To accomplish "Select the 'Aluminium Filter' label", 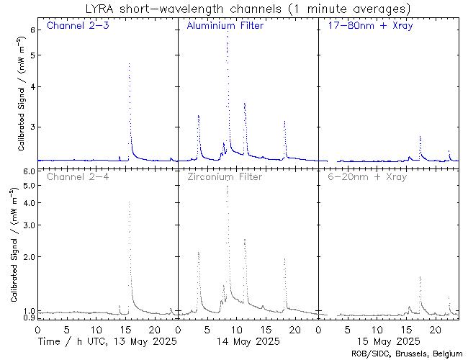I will [x=225, y=27].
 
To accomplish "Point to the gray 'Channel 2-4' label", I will [x=77, y=176].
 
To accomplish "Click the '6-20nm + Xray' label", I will [x=365, y=176].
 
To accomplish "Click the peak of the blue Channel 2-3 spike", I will [x=129, y=63].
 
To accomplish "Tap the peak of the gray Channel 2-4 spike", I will [x=129, y=202].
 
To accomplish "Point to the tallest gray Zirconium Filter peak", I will [x=228, y=186].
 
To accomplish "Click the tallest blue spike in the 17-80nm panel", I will [x=420, y=136].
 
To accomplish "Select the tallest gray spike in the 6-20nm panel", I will [x=420, y=276].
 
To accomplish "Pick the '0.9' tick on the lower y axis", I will [x=28, y=318].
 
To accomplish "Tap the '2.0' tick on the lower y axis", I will [x=28, y=257].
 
